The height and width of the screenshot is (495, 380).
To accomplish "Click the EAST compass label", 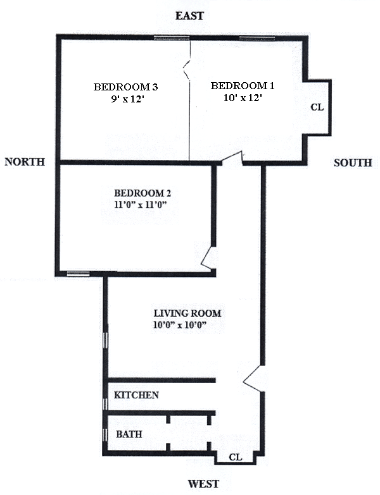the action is [x=190, y=16].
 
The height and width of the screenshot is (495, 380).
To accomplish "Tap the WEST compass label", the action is [x=204, y=484].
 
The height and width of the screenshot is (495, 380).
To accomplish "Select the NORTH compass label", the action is [x=25, y=162].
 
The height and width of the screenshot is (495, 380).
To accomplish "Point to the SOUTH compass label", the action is [x=353, y=163].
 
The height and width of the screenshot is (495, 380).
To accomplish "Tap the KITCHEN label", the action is [x=136, y=395].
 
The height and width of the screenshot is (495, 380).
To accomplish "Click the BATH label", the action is [x=129, y=435].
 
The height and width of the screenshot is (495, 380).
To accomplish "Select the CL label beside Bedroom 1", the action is [x=317, y=107].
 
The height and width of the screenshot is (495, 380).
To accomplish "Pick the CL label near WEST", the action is [x=235, y=456].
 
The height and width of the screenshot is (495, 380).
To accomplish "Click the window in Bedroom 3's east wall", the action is [x=172, y=39].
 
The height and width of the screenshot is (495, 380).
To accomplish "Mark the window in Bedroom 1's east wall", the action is [x=256, y=39].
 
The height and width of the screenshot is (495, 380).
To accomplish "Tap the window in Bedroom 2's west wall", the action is [x=78, y=274].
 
